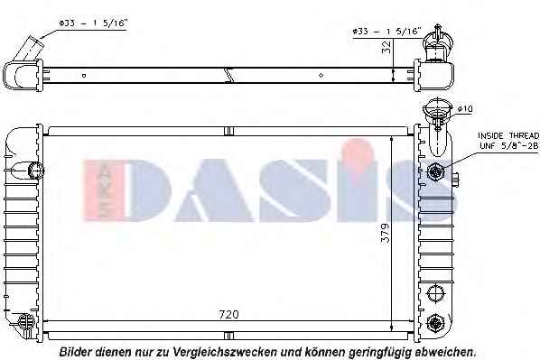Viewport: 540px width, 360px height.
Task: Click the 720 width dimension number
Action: coord(228,315)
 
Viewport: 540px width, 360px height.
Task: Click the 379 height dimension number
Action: coord(386,234)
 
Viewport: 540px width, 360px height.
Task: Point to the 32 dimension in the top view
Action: coord(386,47)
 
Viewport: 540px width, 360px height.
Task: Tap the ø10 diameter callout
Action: coord(465,109)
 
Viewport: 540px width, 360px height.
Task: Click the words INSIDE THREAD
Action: coord(508,135)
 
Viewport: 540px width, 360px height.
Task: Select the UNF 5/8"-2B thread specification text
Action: coord(508,146)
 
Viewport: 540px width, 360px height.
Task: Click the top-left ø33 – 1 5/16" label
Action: coord(93,23)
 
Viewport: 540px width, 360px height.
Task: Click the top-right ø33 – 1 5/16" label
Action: coord(386,32)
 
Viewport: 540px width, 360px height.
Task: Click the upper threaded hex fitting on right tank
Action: coord(434,171)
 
